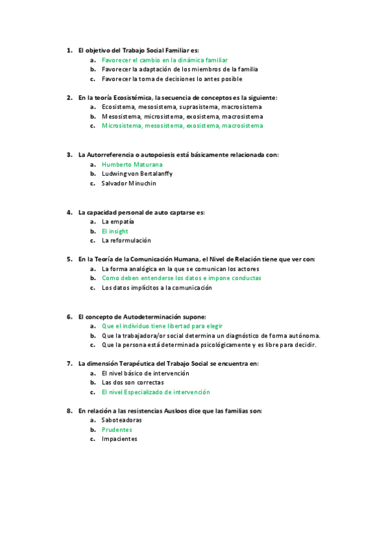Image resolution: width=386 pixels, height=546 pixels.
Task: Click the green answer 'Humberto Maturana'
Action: (x=131, y=164)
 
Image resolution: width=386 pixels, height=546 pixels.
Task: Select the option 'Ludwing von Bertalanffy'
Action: (x=137, y=174)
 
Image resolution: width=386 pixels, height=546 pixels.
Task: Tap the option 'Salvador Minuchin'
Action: (x=129, y=184)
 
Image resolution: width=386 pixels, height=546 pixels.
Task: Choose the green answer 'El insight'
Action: (x=115, y=231)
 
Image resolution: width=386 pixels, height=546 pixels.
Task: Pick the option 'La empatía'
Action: (x=117, y=221)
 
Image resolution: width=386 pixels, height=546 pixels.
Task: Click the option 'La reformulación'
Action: (x=126, y=240)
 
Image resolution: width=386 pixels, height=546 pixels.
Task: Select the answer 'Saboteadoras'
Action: (x=122, y=420)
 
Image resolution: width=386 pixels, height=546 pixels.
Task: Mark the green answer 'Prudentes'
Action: (x=117, y=429)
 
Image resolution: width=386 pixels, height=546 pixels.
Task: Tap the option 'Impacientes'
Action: (x=119, y=439)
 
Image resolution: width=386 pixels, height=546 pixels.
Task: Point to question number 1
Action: (x=69, y=50)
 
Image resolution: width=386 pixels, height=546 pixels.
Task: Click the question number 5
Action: (x=69, y=259)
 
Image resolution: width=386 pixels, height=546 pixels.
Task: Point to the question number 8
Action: (x=69, y=411)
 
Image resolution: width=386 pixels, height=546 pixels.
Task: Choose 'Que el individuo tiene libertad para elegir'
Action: (x=162, y=326)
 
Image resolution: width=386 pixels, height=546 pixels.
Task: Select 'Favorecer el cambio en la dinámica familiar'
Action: (x=164, y=60)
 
